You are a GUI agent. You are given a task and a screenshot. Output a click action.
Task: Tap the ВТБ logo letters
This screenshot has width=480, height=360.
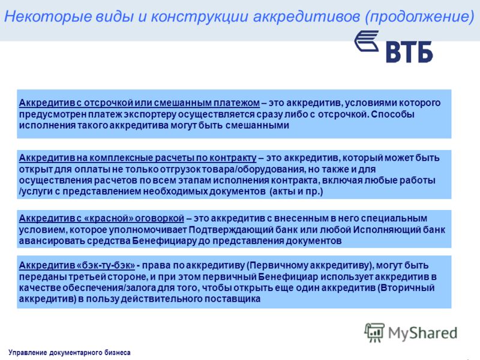[409, 52]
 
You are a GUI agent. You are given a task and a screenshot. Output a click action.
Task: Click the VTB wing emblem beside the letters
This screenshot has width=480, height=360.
[367, 41]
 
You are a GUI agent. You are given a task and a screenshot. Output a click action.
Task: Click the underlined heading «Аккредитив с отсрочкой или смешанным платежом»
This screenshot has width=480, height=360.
[139, 103]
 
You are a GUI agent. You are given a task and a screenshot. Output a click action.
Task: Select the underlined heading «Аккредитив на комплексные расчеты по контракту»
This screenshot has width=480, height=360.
[138, 158]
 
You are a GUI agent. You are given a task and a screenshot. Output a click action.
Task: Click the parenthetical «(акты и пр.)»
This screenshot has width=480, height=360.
[296, 191]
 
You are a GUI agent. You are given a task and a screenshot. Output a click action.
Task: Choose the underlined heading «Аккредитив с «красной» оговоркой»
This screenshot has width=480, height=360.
[101, 218]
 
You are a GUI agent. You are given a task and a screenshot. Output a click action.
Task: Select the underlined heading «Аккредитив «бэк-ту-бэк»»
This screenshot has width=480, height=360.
[77, 265]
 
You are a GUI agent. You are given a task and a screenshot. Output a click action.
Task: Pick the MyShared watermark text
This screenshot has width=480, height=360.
[423, 333]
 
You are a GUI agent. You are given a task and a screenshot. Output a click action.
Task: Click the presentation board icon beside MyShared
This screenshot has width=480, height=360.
[374, 332]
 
